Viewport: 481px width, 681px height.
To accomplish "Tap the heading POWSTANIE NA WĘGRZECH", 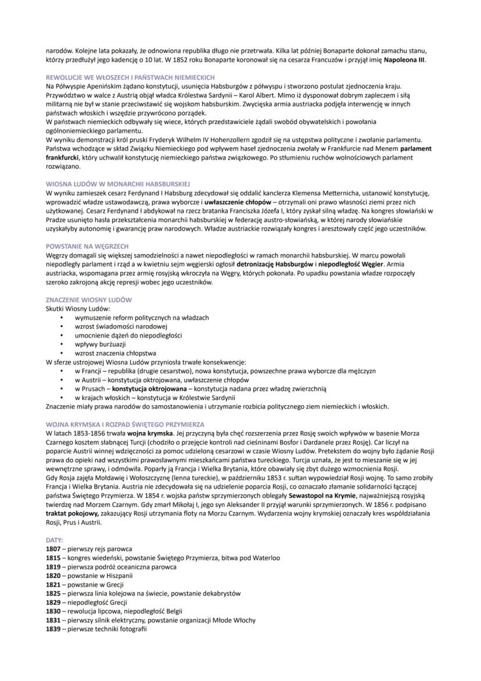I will click(87, 246).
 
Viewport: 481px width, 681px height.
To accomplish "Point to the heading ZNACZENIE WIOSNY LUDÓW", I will click(89, 300).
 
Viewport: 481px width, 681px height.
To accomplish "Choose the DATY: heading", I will click(55, 540).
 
